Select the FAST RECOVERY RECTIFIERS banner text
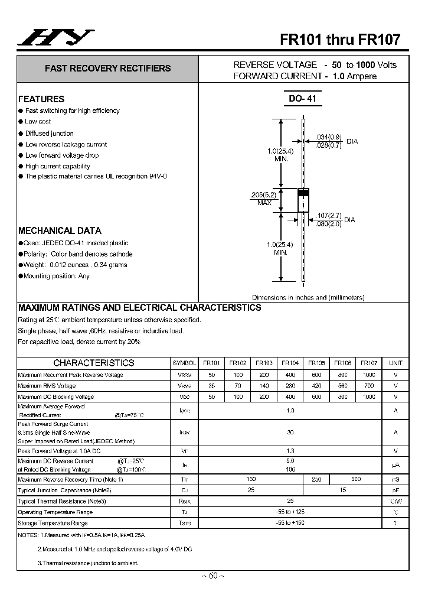tap(107, 69)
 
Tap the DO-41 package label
tap(303, 99)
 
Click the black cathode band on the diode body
tap(303, 193)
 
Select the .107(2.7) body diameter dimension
tap(328, 215)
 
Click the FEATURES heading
tap(41, 99)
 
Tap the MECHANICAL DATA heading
tap(60, 231)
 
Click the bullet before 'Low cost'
tap(21, 122)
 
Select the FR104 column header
tap(290, 363)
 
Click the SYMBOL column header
tap(184, 363)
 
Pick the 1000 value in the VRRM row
tap(369, 375)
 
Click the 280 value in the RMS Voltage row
tap(290, 386)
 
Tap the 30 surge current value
tap(290, 433)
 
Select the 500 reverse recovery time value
tap(355, 479)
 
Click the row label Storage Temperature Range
tap(53, 523)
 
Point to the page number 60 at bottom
tap(212, 576)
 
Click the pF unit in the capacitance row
tap(395, 490)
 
